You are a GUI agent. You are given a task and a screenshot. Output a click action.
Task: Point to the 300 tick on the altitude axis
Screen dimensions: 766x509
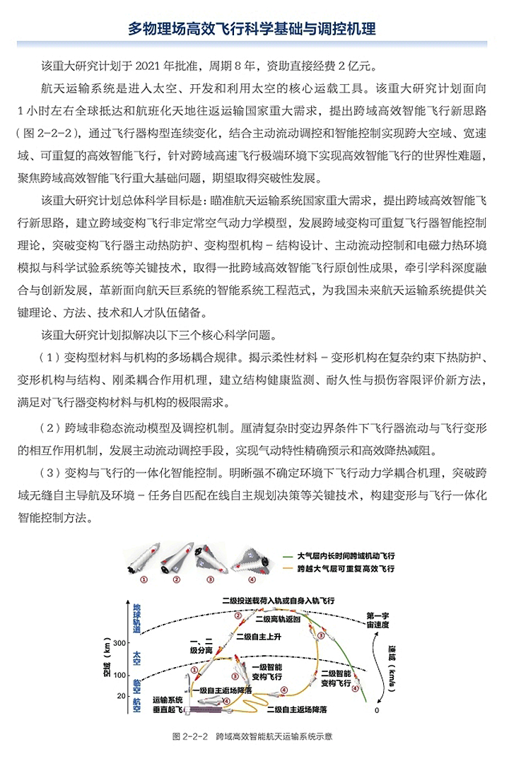coord(118,642)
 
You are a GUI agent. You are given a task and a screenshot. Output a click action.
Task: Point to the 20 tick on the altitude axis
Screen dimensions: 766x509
coord(121,696)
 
